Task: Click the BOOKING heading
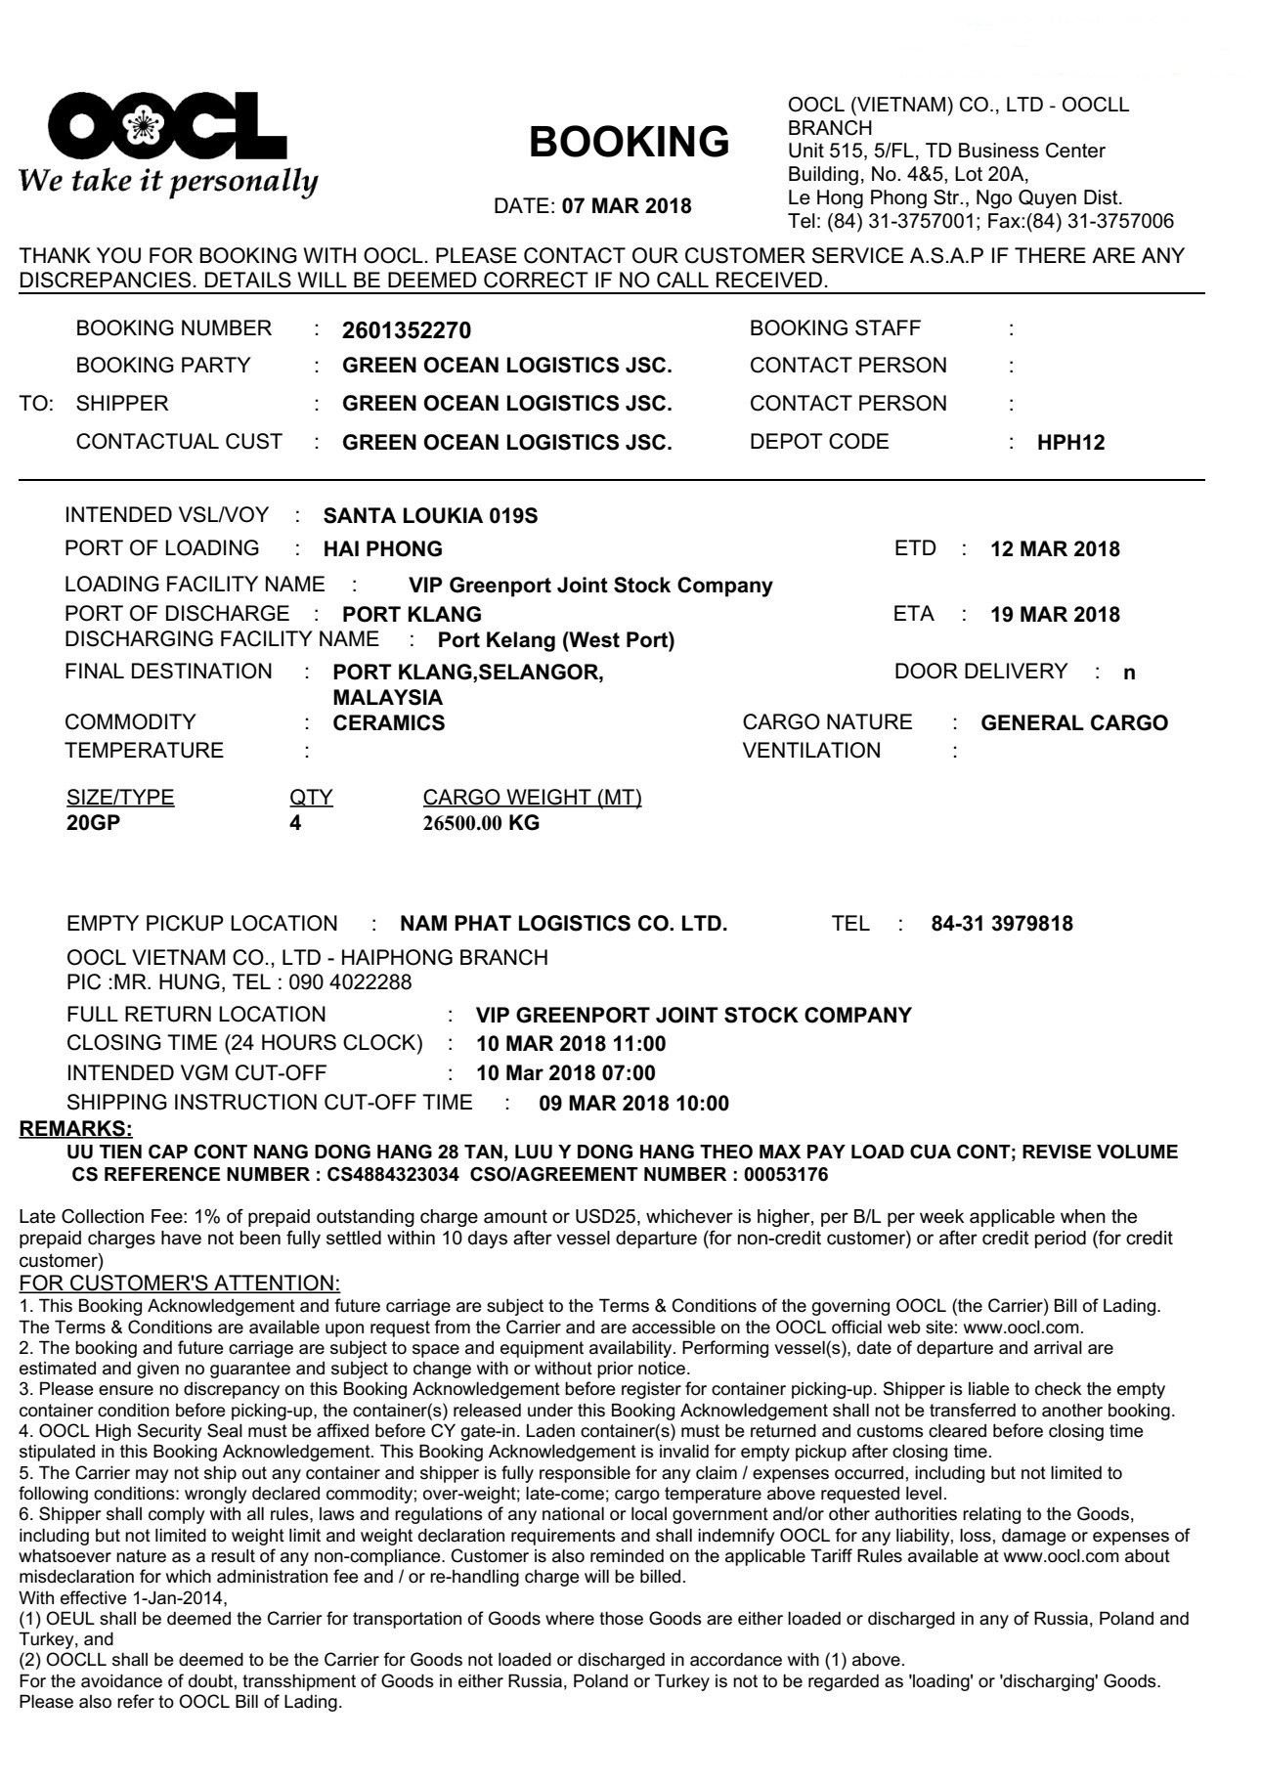[629, 143]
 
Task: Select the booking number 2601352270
[407, 331]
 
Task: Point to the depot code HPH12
[1070, 443]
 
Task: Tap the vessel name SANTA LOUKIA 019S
[430, 515]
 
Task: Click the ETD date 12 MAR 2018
[1055, 549]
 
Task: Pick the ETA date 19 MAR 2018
[1055, 616]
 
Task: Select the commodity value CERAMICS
[389, 723]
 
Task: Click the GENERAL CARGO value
[1074, 723]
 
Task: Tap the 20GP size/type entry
[93, 823]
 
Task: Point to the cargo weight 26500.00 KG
[481, 823]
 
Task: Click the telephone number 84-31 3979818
[1002, 924]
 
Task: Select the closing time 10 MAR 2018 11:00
[571, 1044]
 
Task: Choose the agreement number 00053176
[786, 1175]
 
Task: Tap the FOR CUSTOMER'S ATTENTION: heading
[179, 1284]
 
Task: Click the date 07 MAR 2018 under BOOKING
[627, 207]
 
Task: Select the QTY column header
[311, 798]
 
